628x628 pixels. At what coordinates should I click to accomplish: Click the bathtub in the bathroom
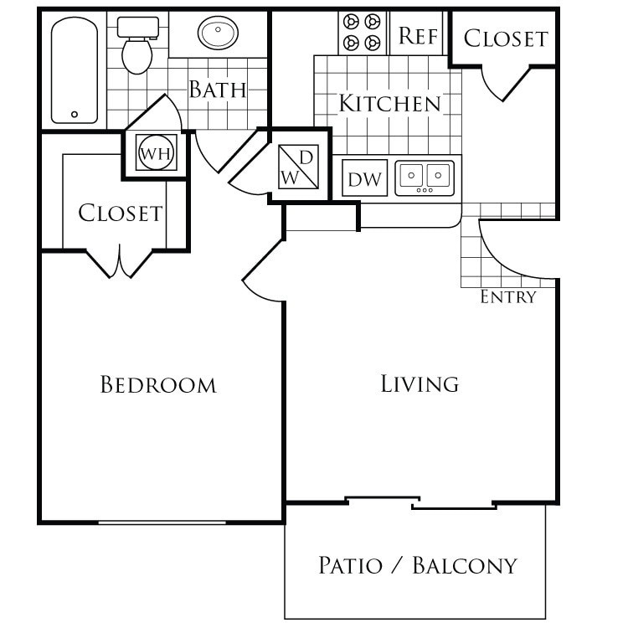75,71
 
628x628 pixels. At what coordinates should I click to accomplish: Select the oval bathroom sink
218,34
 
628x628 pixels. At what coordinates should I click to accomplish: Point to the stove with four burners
363,32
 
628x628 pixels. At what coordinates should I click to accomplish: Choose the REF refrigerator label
416,36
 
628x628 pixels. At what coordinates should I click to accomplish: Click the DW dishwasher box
364,178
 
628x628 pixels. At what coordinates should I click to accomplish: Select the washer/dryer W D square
299,165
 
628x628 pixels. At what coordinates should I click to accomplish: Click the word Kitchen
389,104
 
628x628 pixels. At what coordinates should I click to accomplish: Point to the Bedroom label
158,385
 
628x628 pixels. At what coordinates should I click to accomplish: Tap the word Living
420,384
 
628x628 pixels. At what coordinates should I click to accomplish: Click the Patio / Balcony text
417,566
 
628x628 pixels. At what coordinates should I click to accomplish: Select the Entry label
507,297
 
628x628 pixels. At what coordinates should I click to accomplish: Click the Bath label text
217,90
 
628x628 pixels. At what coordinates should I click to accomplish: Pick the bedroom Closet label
120,214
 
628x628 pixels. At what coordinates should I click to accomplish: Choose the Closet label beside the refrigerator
505,39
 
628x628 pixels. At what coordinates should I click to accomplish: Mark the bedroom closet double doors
121,262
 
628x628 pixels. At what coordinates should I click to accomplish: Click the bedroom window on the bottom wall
162,522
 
